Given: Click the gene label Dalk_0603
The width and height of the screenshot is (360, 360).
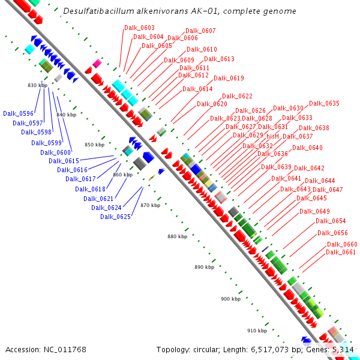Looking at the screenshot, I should point(139,28).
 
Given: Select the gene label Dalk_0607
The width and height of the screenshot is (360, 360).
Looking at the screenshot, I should point(200,31).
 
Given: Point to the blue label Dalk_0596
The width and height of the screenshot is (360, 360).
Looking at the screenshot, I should point(18,113).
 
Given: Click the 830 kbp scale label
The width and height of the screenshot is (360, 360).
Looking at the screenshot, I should point(37,85).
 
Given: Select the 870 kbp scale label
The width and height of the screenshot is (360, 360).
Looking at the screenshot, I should point(150,205).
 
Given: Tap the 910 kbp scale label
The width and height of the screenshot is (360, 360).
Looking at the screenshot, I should point(257,331).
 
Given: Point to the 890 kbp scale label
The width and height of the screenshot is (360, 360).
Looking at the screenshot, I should point(204,267).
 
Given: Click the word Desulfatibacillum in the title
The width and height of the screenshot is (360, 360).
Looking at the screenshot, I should point(97,11).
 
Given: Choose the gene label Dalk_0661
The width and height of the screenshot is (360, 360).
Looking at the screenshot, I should point(341,252).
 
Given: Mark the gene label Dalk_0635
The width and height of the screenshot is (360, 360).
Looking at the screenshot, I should point(324,103).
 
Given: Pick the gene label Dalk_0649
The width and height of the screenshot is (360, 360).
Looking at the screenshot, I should point(314,211).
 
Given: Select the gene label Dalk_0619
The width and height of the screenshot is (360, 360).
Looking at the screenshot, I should point(229,78).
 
